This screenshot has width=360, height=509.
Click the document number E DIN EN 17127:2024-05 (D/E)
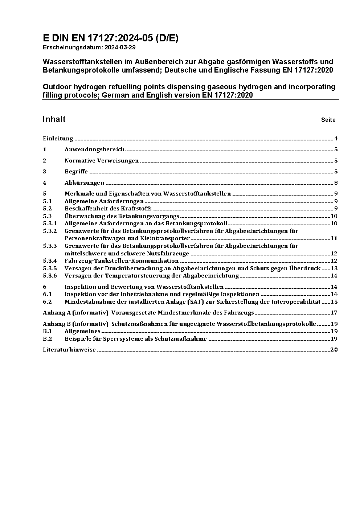pyautogui.click(x=111, y=38)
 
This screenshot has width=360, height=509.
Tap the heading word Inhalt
pyautogui.click(x=54, y=119)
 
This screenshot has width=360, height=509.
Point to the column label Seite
pyautogui.click(x=328, y=120)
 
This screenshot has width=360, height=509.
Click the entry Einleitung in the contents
pyautogui.click(x=58, y=139)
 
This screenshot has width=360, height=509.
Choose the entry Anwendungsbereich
pyautogui.click(x=94, y=149)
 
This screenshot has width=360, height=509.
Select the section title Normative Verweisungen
pyautogui.click(x=102, y=161)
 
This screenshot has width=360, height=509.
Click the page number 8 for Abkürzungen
pyautogui.click(x=336, y=183)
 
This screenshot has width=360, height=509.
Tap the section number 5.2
pyautogui.click(x=47, y=209)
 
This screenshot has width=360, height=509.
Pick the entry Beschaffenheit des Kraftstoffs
pyautogui.click(x=108, y=209)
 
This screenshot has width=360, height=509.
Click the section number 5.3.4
pyautogui.click(x=50, y=261)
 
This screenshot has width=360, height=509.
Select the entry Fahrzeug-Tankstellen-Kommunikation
pyautogui.click(x=121, y=261)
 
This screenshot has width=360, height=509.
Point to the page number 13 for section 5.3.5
pyautogui.click(x=334, y=268)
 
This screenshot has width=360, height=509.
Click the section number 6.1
pyautogui.click(x=47, y=294)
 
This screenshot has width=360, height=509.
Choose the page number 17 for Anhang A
pyautogui.click(x=334, y=313)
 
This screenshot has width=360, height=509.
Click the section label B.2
pyautogui.click(x=47, y=339)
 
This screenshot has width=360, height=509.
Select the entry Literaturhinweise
pyautogui.click(x=69, y=350)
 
